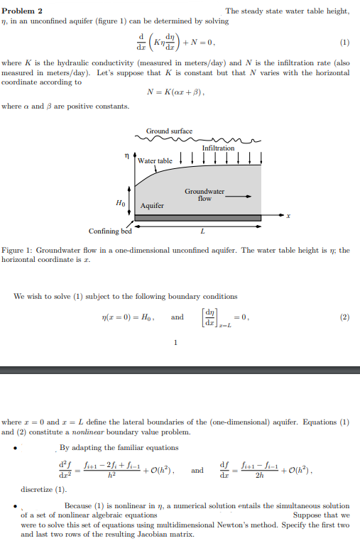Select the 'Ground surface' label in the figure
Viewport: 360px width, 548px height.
coord(169,131)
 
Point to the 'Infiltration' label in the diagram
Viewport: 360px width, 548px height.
coord(218,148)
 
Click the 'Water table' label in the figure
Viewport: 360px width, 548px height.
coord(155,161)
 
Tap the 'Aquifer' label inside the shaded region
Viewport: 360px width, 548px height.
coord(152,205)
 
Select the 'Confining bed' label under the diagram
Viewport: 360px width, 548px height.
coord(109,231)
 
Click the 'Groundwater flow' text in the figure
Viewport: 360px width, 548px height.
coord(204,194)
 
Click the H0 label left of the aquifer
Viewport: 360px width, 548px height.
coord(120,202)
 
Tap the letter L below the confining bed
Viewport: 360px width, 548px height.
coord(202,231)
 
